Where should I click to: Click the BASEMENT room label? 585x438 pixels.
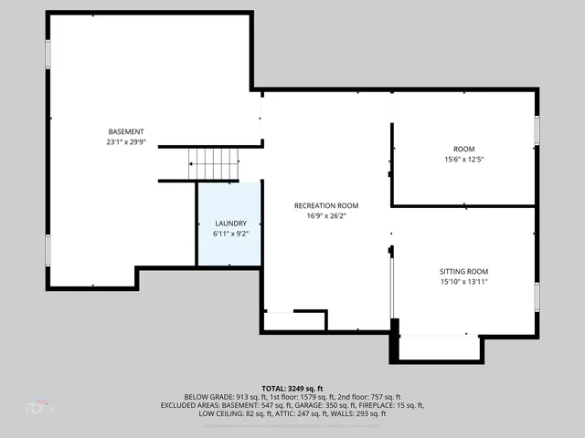click(x=125, y=131)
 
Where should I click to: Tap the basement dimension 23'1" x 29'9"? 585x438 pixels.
click(x=125, y=142)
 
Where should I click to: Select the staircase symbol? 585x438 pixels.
click(x=213, y=164)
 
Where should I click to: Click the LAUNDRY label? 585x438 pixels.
click(x=230, y=224)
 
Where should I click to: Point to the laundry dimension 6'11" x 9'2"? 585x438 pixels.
click(x=230, y=235)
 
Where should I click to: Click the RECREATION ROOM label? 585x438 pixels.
click(x=325, y=205)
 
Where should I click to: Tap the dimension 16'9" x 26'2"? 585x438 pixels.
click(x=325, y=216)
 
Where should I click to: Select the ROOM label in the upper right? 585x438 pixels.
click(x=463, y=149)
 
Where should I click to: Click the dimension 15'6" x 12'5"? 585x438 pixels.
click(x=463, y=160)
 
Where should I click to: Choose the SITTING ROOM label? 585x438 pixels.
click(x=463, y=271)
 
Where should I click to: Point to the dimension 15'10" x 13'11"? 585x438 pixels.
click(x=463, y=282)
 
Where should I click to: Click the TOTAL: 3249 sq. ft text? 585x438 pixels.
click(x=292, y=388)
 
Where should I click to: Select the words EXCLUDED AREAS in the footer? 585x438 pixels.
click(x=212, y=406)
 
